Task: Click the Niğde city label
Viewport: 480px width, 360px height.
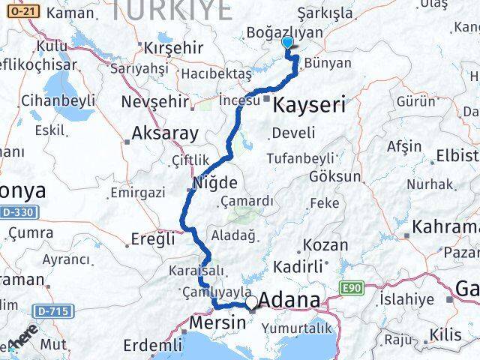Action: [x=215, y=182]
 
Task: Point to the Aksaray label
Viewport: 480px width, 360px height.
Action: [x=164, y=134]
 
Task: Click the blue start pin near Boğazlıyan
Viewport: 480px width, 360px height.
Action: [x=288, y=43]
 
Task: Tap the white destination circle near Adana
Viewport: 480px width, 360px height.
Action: [x=252, y=302]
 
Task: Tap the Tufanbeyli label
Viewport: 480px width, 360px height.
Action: [x=298, y=157]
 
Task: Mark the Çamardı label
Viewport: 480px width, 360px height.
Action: [x=248, y=201]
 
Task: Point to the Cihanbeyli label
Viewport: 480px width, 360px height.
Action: [x=58, y=100]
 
